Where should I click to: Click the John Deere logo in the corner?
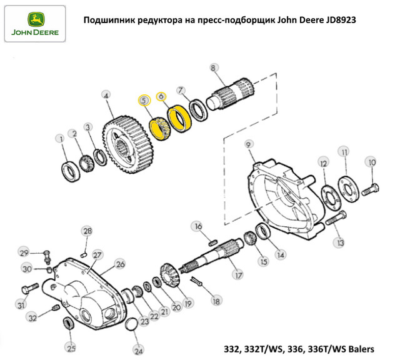[35, 24]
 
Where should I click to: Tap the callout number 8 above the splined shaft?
[214, 67]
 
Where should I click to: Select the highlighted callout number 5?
[144, 101]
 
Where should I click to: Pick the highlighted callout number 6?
[161, 96]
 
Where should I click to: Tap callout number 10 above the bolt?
[372, 162]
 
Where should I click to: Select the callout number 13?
[340, 242]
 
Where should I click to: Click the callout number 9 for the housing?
[249, 144]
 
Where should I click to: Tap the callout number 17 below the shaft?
[238, 275]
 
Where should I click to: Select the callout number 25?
[71, 348]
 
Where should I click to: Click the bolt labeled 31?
[30, 288]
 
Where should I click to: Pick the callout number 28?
[87, 231]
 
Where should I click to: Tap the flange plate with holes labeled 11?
[348, 189]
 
